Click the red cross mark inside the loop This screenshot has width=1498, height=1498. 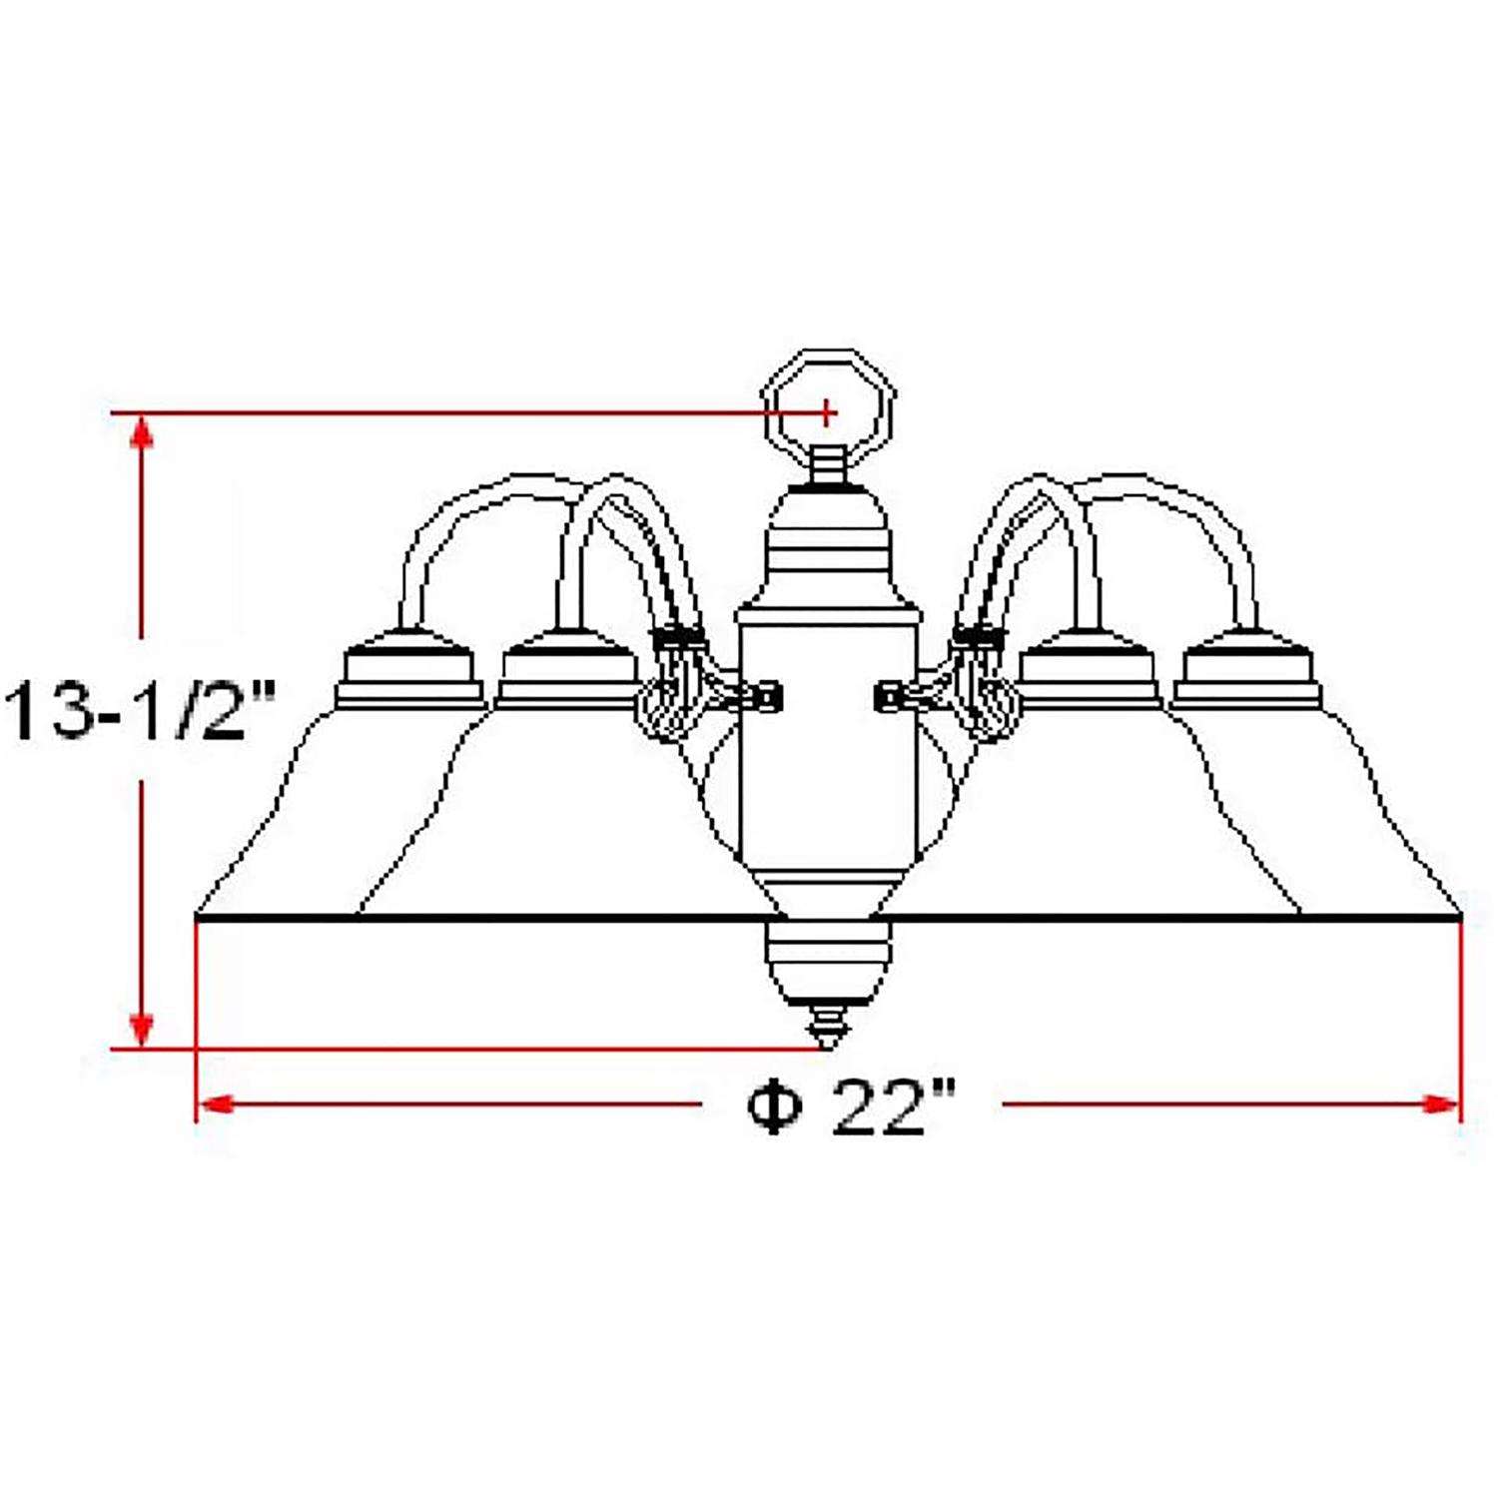(827, 410)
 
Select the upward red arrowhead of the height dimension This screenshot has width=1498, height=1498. (143, 434)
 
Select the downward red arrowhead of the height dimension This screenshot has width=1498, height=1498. (143, 1029)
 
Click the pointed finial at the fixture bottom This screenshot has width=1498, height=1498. (827, 1029)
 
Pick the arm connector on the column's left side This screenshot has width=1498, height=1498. (754, 696)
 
